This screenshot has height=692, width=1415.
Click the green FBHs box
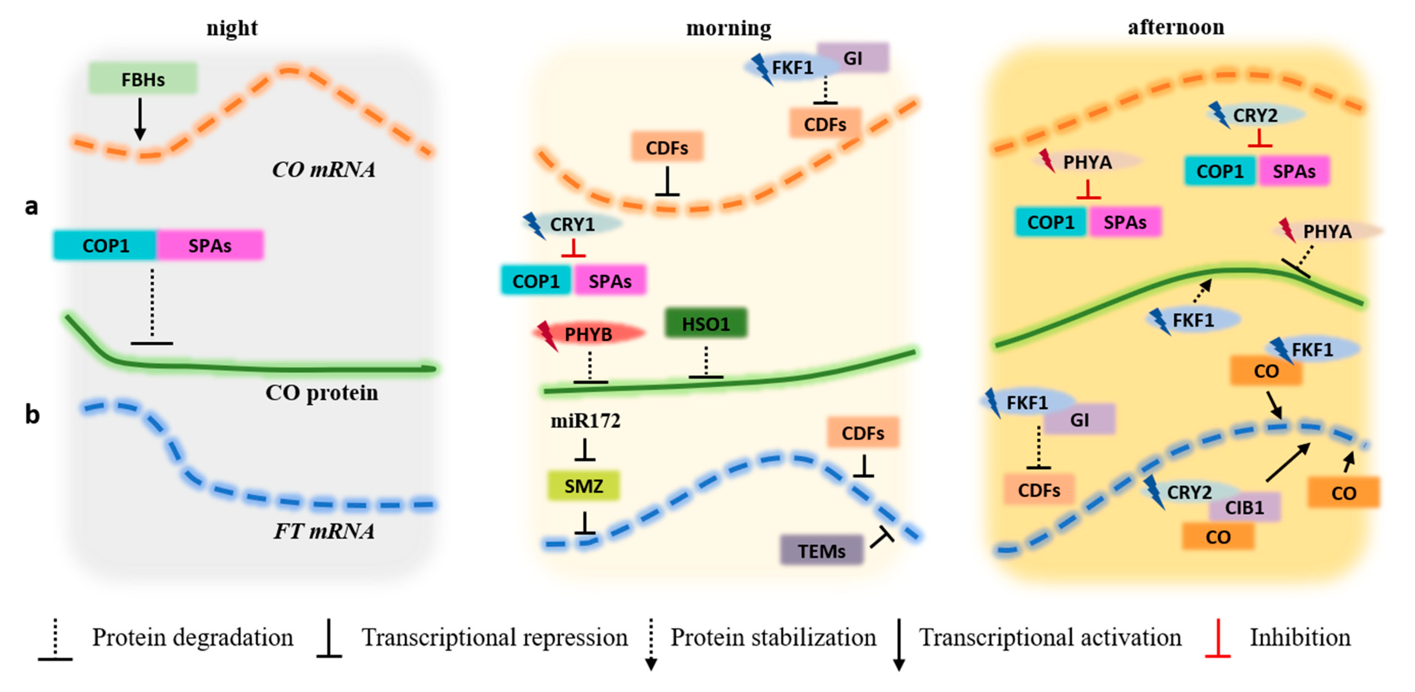coord(142,78)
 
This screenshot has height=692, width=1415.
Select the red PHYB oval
coord(588,334)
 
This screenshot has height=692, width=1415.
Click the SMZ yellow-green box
coord(583,486)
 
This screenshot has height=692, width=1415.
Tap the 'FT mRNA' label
coord(324,531)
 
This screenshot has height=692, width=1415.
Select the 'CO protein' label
coord(322,393)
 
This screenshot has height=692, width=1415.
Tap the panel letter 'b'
coord(32,414)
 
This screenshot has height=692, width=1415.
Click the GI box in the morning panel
coord(853,58)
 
